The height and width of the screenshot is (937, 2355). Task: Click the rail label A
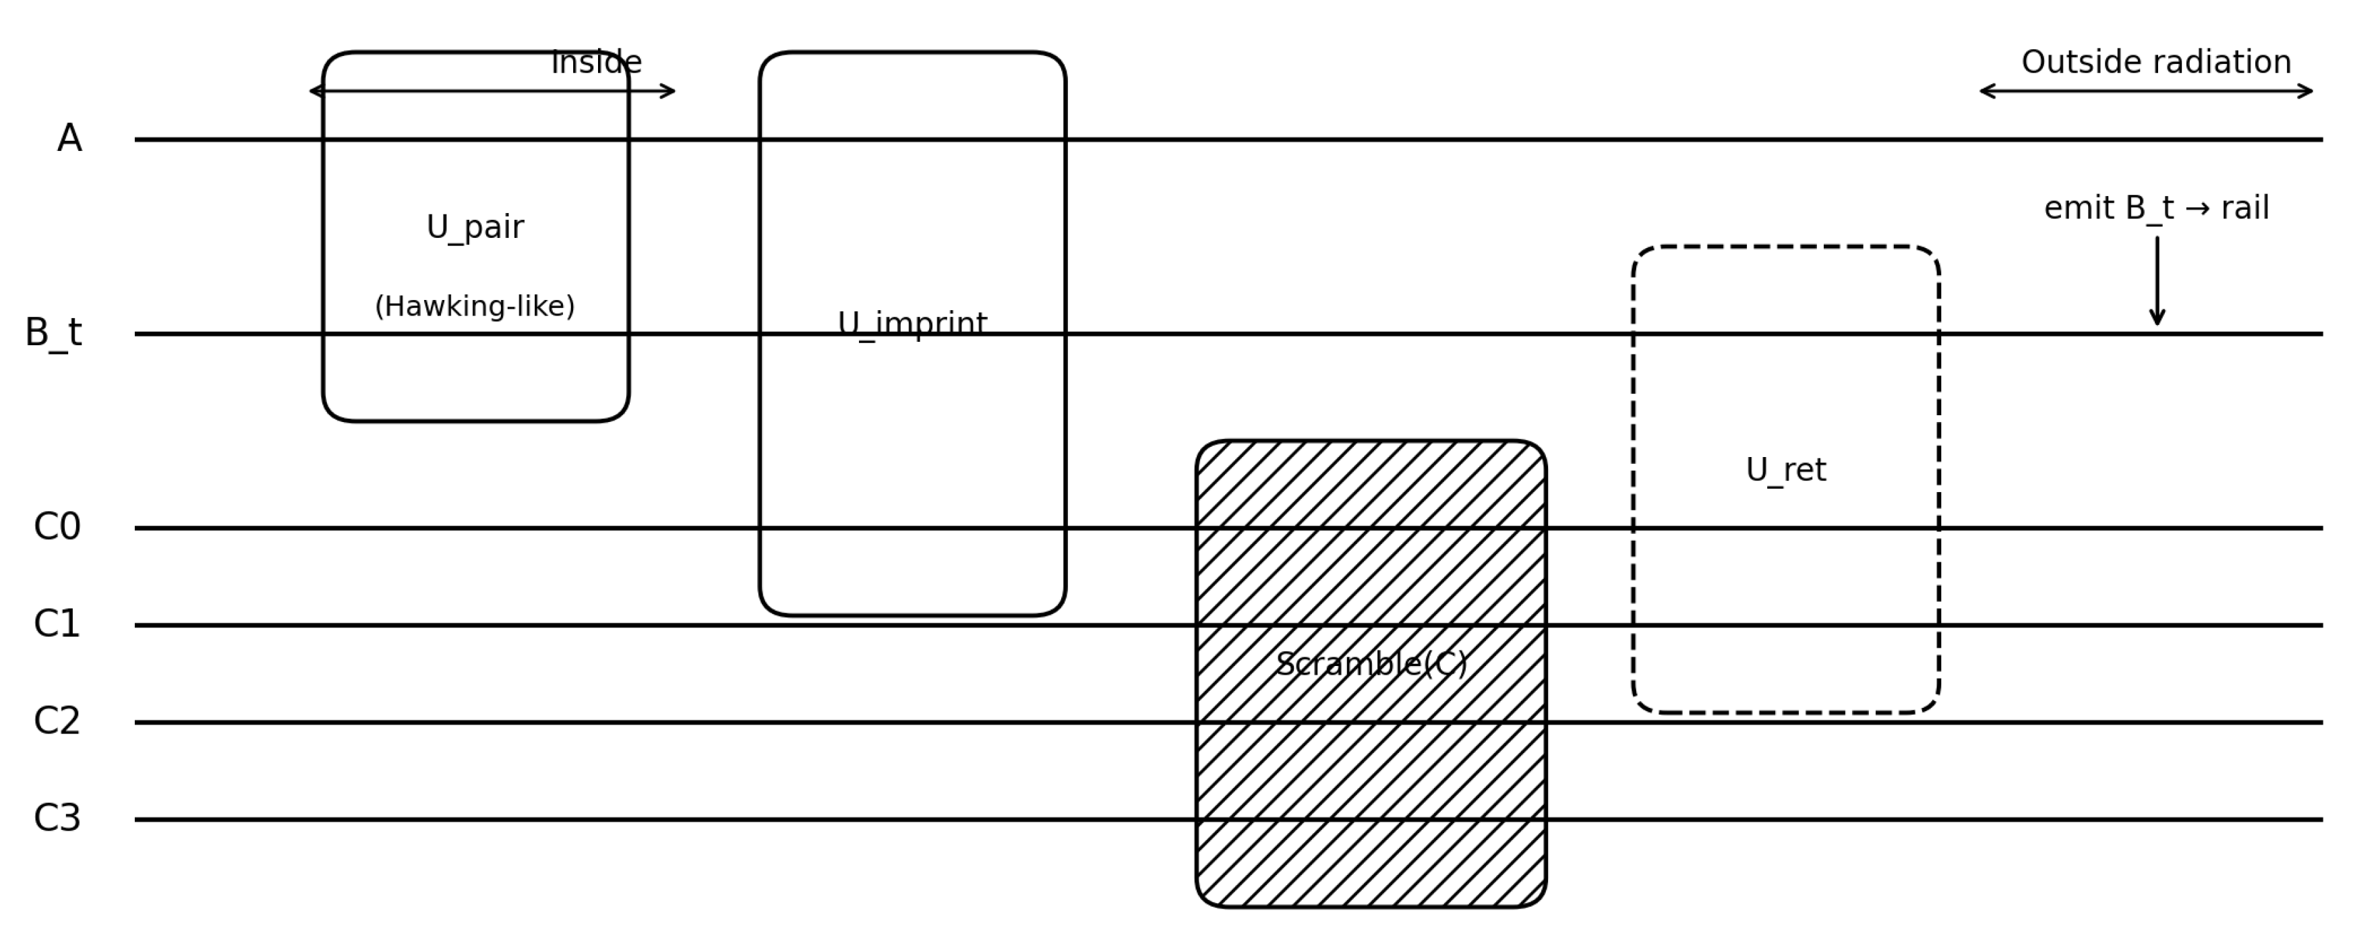pos(69,139)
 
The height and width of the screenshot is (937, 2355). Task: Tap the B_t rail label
pos(53,334)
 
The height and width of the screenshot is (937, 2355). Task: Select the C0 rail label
pos(57,527)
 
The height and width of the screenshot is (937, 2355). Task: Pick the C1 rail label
pos(57,624)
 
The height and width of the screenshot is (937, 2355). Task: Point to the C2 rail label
pos(57,721)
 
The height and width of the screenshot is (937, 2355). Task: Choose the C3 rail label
pos(57,818)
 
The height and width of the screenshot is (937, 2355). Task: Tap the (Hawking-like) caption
pos(475,306)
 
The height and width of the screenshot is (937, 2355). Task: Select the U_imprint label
pos(912,324)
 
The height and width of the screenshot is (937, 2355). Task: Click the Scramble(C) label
pos(1371,665)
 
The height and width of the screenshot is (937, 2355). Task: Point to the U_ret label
pos(1785,471)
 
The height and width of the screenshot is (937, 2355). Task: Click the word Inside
pos(597,63)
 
